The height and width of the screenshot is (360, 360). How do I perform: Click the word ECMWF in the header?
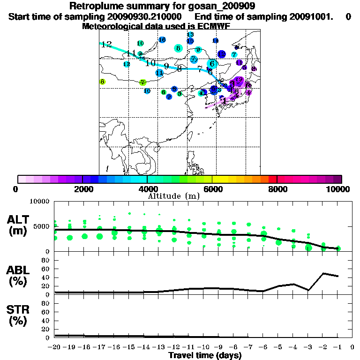[212, 26]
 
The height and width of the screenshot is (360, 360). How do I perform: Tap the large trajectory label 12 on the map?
[106, 45]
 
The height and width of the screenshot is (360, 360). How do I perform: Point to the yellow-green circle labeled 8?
[102, 82]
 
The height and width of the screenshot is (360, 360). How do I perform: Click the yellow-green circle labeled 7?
[143, 82]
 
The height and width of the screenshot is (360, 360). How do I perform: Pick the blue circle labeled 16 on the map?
[162, 40]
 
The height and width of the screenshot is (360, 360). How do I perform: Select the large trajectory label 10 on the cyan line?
[150, 63]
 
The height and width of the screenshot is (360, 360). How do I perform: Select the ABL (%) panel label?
[17, 276]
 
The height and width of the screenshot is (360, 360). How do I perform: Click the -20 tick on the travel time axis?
[55, 347]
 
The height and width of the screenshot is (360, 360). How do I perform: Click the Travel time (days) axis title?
[205, 356]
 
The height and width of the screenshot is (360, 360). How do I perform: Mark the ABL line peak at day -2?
[323, 273]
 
